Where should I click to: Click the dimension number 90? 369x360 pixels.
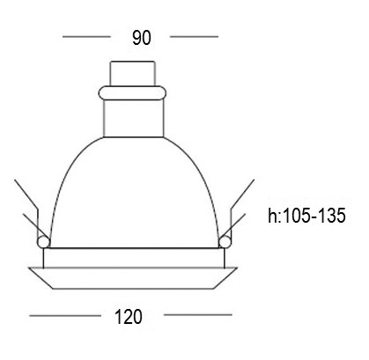click(x=142, y=38)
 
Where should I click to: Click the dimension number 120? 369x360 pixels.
click(x=129, y=317)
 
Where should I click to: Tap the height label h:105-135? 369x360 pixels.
click(x=306, y=216)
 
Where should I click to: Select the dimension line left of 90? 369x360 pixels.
click(x=86, y=37)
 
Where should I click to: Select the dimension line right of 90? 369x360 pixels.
click(x=194, y=37)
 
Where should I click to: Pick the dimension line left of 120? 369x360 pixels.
click(x=65, y=316)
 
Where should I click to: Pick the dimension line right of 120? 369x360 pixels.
click(x=198, y=315)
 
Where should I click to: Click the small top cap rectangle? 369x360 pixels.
click(x=132, y=73)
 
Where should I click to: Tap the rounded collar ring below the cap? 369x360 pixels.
click(x=132, y=92)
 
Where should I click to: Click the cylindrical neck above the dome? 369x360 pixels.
click(x=134, y=119)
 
